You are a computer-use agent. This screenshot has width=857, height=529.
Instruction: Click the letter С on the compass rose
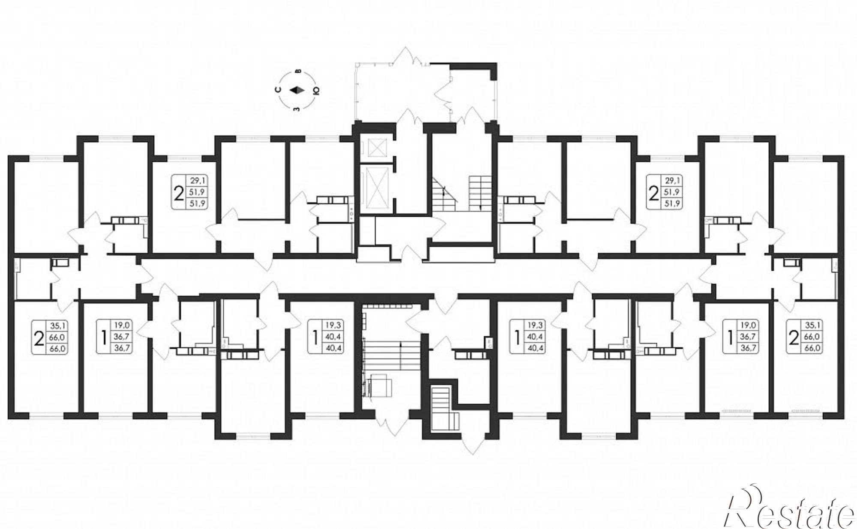click(x=278, y=90)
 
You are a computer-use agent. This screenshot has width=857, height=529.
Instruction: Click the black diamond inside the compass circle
click(x=297, y=90)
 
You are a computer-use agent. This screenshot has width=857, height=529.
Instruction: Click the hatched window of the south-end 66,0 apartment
click(x=806, y=411)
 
